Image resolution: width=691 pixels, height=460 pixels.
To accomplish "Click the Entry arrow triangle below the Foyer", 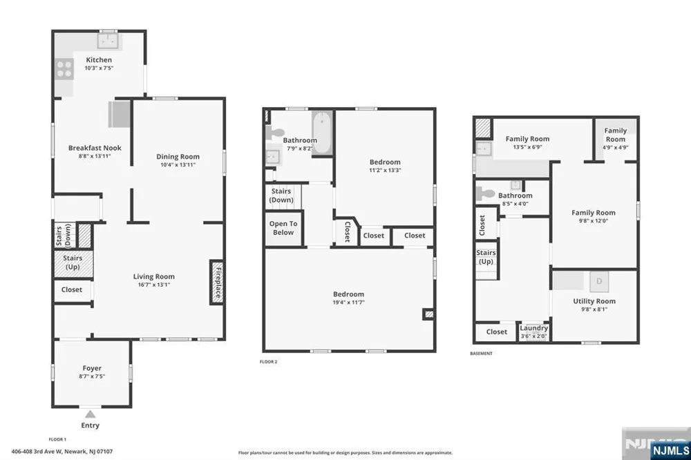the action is pos(91,414).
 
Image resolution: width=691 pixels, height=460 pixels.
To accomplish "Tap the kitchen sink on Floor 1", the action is pos(108,41).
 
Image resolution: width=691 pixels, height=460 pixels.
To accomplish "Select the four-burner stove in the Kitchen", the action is pos(64,69).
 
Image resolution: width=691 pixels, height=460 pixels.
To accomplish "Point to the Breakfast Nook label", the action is pos(95,148).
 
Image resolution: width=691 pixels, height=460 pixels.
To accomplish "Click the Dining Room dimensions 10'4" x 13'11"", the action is pos(178,165).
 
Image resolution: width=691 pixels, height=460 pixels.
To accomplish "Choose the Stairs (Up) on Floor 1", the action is pos(73,263).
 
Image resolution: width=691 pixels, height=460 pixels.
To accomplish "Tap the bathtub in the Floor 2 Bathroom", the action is pos(323,132).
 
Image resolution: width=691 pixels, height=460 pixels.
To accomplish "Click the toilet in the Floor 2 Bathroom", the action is pos(276,133).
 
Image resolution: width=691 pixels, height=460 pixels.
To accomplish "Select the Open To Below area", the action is pos(283,229).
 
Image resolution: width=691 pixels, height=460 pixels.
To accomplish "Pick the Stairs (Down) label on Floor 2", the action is pos(281,195).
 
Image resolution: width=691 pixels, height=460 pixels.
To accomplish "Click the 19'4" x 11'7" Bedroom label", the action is pos(348,298).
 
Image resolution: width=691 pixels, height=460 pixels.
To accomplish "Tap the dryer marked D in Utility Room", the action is pos(599,282).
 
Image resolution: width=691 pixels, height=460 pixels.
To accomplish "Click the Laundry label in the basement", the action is pos(533,328).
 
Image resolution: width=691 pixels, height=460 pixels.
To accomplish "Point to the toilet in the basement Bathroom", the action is pos(486,193).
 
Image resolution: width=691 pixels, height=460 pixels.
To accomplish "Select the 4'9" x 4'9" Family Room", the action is pos(615,140).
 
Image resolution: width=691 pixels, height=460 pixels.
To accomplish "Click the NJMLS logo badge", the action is pos(670,450).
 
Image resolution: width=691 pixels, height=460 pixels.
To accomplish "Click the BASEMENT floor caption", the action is pos(481,354).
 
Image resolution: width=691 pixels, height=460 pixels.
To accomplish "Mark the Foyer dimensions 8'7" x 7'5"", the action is pos(92,376).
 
